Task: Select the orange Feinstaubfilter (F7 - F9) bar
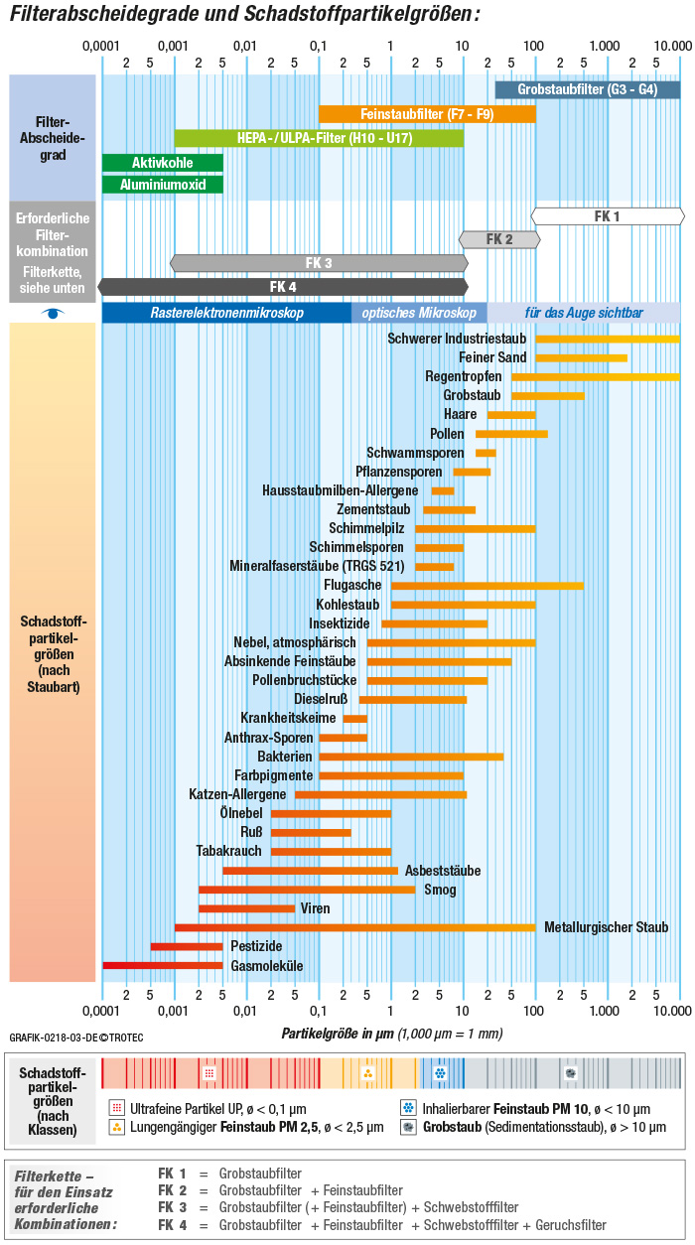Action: click(x=427, y=114)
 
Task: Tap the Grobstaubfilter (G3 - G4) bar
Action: click(x=588, y=89)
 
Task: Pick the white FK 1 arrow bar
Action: click(x=608, y=215)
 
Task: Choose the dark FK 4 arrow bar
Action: click(x=283, y=287)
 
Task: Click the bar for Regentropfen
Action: click(x=596, y=376)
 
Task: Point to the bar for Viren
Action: click(x=246, y=908)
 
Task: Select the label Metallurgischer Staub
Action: click(x=607, y=927)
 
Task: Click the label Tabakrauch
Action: click(x=229, y=851)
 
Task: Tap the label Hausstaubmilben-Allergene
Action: click(x=341, y=490)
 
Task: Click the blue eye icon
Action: click(x=54, y=313)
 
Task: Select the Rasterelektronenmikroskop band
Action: click(x=227, y=313)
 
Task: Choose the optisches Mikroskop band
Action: click(x=419, y=313)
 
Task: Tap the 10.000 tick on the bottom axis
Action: click(x=672, y=1010)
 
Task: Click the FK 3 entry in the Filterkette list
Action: click(x=172, y=1207)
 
